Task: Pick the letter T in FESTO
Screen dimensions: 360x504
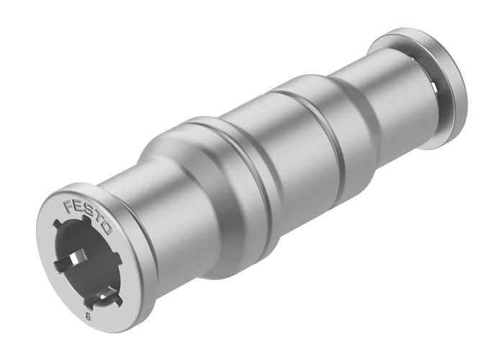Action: click(x=97, y=220)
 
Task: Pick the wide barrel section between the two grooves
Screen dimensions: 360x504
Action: click(x=288, y=158)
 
